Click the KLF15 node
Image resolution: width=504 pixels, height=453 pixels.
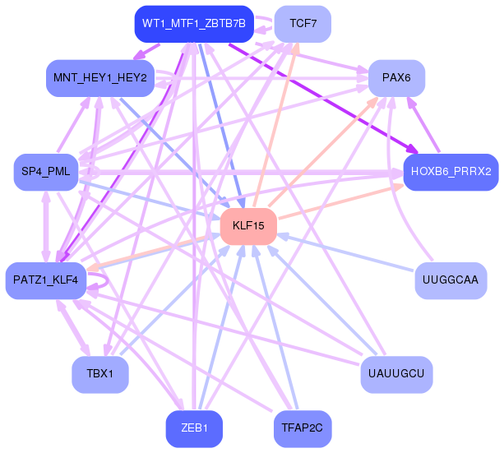point(248,226)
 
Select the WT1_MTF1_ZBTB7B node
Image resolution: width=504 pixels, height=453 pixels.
point(194,24)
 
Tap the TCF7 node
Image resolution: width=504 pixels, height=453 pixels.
point(303,24)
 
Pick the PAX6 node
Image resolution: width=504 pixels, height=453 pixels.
point(396,78)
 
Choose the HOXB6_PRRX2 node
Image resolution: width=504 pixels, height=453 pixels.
point(451,172)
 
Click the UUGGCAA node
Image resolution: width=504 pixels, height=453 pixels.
point(451,280)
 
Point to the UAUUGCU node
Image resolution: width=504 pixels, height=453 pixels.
point(396,374)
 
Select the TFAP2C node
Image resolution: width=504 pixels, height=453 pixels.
point(303,428)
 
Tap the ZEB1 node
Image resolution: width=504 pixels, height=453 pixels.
point(194,428)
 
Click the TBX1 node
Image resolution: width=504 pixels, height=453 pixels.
point(100,374)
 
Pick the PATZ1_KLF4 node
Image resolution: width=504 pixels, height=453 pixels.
point(46,280)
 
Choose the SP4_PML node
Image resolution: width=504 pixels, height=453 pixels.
point(46,172)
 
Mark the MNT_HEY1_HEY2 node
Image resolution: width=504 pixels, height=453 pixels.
point(100,78)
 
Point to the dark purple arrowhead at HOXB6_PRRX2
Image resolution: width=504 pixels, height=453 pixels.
point(413,149)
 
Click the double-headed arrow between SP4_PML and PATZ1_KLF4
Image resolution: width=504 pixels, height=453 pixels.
point(46,226)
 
